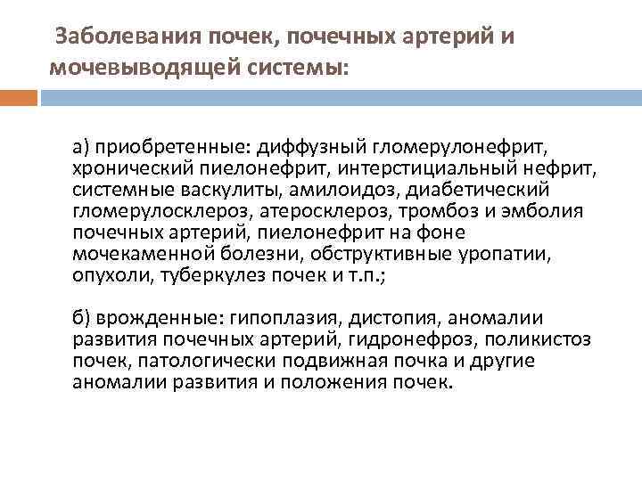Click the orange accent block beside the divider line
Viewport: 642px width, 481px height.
tap(18, 96)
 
